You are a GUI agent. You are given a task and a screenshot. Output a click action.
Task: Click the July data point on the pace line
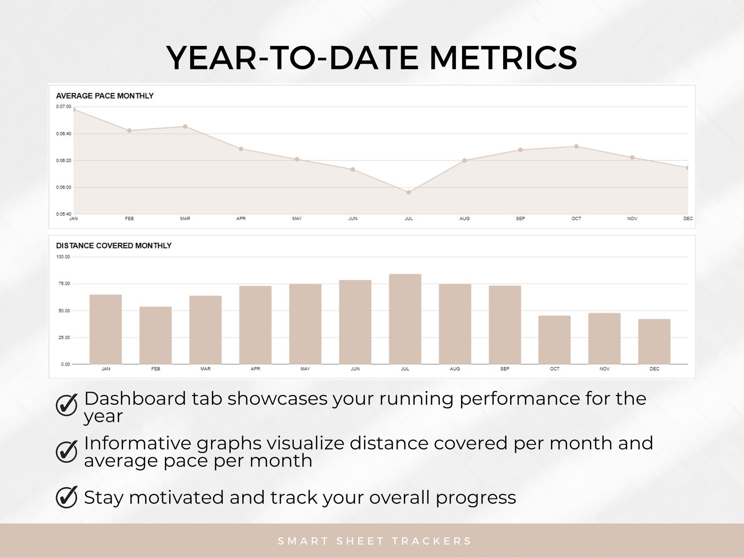point(409,192)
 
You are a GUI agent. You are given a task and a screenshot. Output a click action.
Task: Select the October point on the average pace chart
point(576,146)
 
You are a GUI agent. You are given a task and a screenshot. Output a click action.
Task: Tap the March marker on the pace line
point(185,126)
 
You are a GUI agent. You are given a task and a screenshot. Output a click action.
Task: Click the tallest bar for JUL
point(405,319)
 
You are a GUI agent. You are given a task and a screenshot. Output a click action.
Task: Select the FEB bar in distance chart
point(156,335)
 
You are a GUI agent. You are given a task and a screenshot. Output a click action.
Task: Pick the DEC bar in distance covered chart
point(654,341)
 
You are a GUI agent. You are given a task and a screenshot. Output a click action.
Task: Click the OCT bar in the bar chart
point(554,340)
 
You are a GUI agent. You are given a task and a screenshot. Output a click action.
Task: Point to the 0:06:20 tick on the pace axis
point(64,160)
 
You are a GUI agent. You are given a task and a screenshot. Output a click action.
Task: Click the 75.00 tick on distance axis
point(64,283)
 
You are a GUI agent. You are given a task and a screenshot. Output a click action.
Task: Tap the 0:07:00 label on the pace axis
point(64,106)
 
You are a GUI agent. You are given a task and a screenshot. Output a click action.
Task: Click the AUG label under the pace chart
point(464,218)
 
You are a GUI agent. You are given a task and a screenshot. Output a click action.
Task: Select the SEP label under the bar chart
point(505,369)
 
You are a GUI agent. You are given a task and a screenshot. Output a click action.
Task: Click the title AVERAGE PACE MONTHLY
point(104,96)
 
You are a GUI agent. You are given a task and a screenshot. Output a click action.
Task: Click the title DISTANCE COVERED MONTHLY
point(114,246)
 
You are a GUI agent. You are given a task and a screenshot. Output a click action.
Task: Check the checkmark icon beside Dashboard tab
point(67,405)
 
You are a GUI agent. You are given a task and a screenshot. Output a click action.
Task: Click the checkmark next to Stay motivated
point(67,497)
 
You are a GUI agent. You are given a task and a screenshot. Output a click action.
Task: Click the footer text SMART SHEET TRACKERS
point(374,541)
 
